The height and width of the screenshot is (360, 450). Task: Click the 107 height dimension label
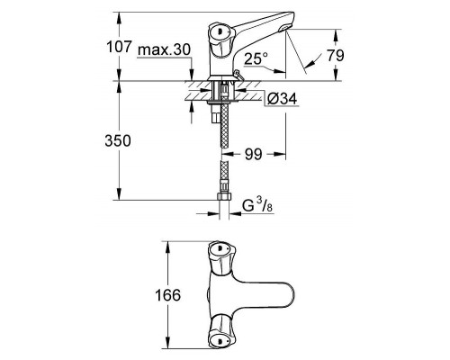point(120,46)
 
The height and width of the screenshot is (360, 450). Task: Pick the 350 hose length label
point(120,141)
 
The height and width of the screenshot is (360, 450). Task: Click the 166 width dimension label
point(168,295)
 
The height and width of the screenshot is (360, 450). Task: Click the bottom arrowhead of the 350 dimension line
point(117,197)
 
